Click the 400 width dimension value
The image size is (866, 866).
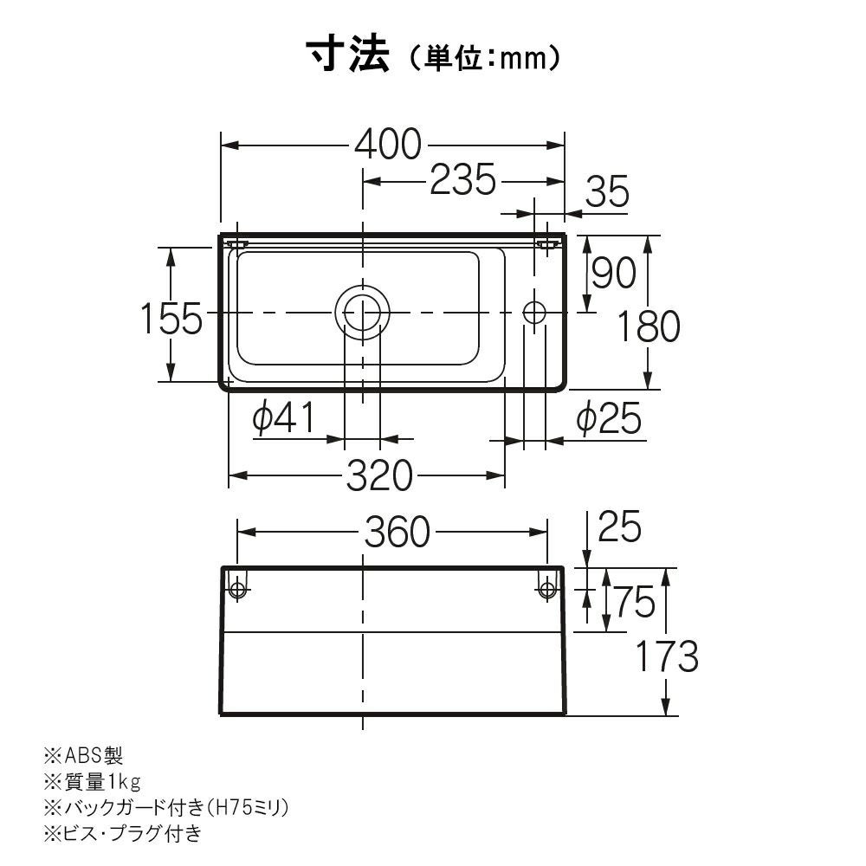(388, 145)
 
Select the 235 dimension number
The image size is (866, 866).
(462, 180)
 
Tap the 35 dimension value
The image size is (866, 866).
(607, 191)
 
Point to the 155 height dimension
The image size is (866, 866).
(171, 319)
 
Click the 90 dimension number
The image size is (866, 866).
(614, 272)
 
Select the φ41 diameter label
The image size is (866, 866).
(284, 417)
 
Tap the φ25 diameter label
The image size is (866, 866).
(609, 418)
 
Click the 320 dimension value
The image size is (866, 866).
(379, 475)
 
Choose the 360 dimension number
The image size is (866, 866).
(397, 532)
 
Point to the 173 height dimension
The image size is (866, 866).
(667, 656)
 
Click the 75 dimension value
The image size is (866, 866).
(634, 602)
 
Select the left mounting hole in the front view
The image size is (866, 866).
(237, 589)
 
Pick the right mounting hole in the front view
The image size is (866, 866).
(546, 589)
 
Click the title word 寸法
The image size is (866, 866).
(348, 55)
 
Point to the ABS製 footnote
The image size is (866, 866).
(84, 754)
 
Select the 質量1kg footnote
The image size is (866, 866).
(93, 781)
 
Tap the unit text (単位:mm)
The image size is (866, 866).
(485, 57)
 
